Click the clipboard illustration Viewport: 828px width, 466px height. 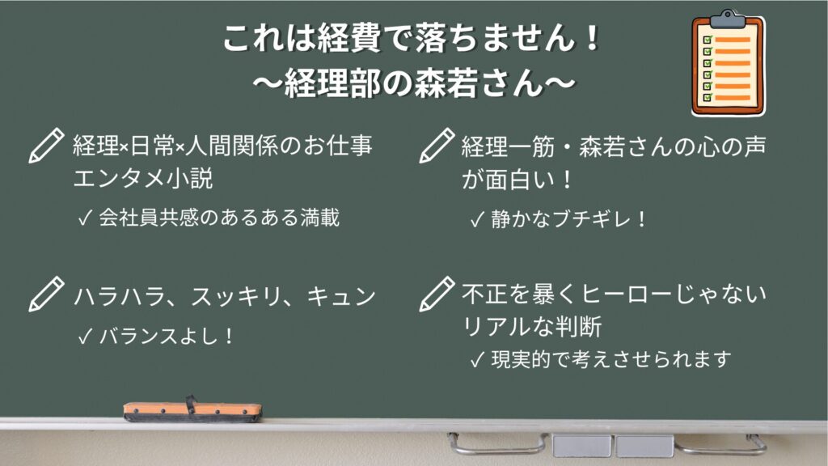[728, 63]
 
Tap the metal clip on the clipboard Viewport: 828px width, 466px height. [727, 19]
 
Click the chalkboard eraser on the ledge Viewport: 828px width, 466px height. [192, 410]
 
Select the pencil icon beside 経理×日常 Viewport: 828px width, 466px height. [46, 146]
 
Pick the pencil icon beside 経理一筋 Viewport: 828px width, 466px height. [437, 146]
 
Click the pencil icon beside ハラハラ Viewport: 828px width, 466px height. [46, 294]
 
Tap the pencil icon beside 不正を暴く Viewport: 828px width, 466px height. [437, 294]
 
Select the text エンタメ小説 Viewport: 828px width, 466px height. [143, 178]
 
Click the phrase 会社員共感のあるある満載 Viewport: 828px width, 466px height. [219, 218]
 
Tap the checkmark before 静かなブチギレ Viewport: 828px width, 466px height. [477, 219]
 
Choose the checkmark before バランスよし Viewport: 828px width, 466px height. [85, 337]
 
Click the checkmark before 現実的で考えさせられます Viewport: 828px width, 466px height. [477, 360]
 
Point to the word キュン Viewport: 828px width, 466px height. [341, 296]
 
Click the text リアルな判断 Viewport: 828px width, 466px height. [532, 326]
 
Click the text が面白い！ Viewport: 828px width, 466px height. [517, 179]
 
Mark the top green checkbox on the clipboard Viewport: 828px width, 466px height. [708, 39]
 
